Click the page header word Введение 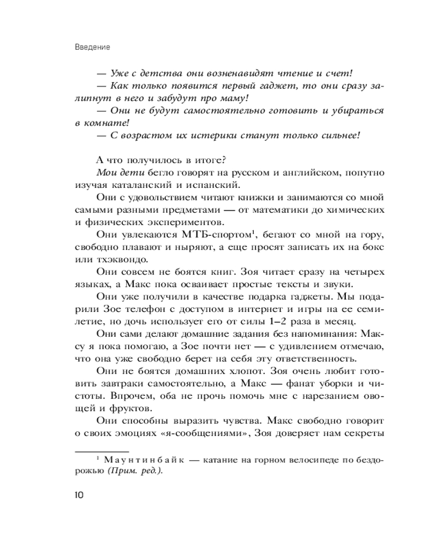pos(93,47)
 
